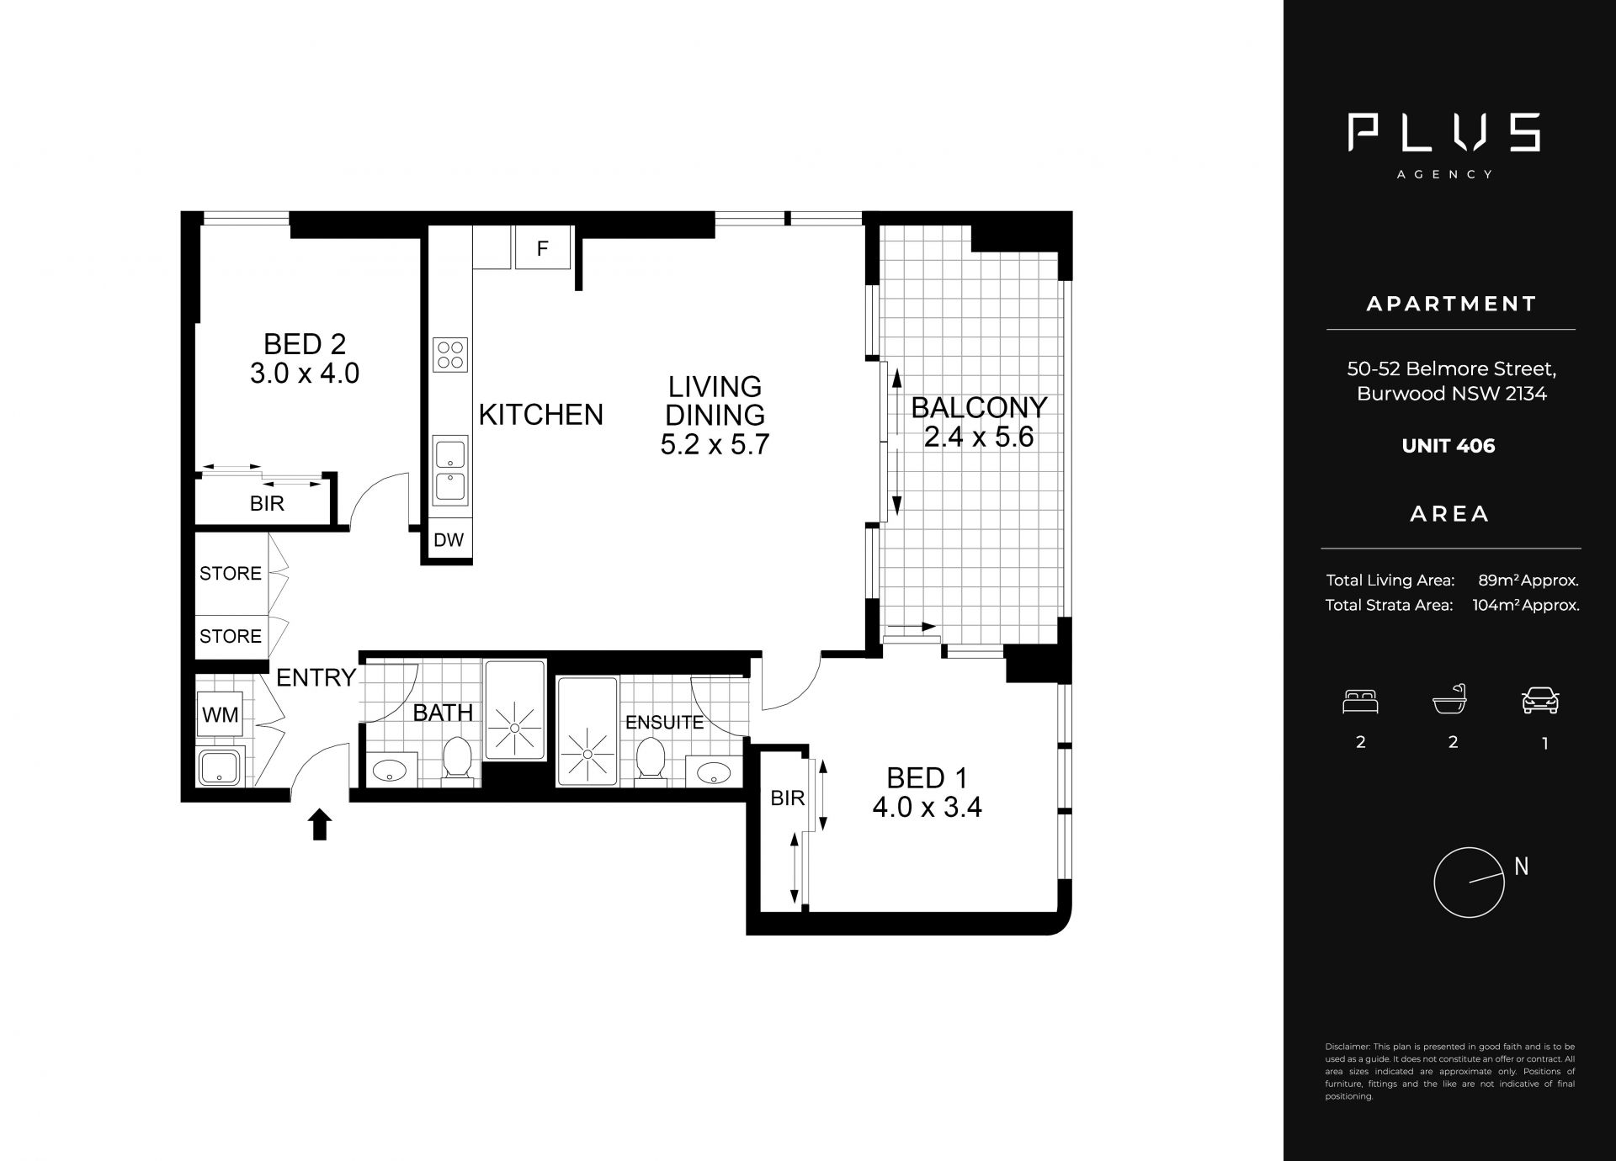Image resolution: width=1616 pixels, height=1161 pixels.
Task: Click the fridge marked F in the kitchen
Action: tap(543, 247)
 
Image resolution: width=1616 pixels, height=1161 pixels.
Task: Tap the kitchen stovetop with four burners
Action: tap(449, 354)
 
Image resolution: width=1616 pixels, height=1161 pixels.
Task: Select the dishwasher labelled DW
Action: tap(449, 540)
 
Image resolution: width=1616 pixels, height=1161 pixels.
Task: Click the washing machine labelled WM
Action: tap(221, 715)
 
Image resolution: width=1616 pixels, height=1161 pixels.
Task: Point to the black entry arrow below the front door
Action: tap(320, 824)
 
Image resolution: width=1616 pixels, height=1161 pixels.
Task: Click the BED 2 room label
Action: tap(305, 344)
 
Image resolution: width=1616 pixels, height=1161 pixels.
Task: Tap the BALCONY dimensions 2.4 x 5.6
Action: tap(979, 437)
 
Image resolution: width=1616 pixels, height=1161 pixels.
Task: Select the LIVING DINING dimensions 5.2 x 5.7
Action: tap(715, 444)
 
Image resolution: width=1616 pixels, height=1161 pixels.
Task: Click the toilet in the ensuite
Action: tap(650, 758)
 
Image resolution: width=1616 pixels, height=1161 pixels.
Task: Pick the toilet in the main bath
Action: tap(457, 758)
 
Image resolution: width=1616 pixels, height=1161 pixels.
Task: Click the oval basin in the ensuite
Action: tap(714, 771)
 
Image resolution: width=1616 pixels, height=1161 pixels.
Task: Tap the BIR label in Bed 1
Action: tap(788, 798)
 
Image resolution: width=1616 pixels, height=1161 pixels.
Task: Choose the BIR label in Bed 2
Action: tap(267, 504)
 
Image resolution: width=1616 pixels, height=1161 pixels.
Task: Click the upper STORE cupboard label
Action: tap(231, 574)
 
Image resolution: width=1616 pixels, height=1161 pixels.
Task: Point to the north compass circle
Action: tap(1469, 883)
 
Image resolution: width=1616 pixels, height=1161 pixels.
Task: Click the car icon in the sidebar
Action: tap(1540, 700)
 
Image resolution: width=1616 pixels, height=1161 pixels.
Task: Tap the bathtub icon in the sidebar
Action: tap(1450, 698)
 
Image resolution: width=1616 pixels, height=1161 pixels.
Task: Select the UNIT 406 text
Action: tap(1449, 446)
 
